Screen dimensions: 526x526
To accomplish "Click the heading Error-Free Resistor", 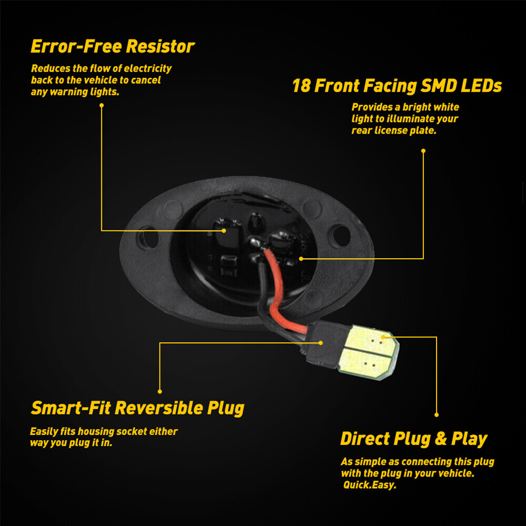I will coord(113,46).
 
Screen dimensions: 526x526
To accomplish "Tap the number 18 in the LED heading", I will coord(301,86).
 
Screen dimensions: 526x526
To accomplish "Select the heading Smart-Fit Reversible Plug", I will coord(137,408).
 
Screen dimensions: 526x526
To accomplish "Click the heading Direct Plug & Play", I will coord(413,439).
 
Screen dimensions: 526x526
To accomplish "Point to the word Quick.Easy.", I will coord(370,485).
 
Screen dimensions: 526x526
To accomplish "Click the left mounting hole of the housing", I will coord(149,238).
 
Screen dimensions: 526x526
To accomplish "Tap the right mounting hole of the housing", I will coord(340,236).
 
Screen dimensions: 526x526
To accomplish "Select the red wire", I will coord(275,295).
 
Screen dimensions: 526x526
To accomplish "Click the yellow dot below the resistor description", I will coord(102,105).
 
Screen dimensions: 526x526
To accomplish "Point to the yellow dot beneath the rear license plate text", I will coord(423,150).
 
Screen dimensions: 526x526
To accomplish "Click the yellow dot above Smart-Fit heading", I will coord(160,391).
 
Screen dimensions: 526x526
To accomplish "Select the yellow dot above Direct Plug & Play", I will coord(436,415).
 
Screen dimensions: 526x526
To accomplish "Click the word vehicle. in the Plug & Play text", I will coord(455,473).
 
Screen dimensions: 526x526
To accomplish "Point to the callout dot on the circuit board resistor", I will coord(224,230).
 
